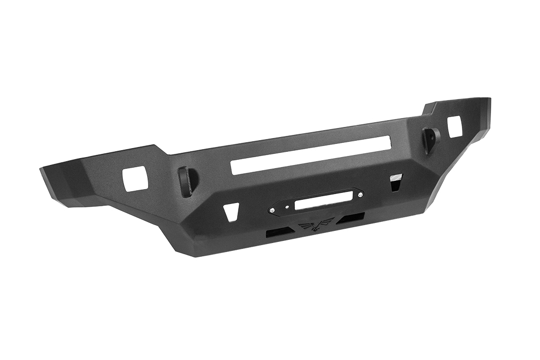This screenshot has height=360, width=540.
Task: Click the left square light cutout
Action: pyautogui.click(x=135, y=179)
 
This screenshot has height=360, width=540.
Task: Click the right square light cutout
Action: pyautogui.click(x=454, y=127)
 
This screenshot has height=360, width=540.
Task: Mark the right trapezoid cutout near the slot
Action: pyautogui.click(x=396, y=182)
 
